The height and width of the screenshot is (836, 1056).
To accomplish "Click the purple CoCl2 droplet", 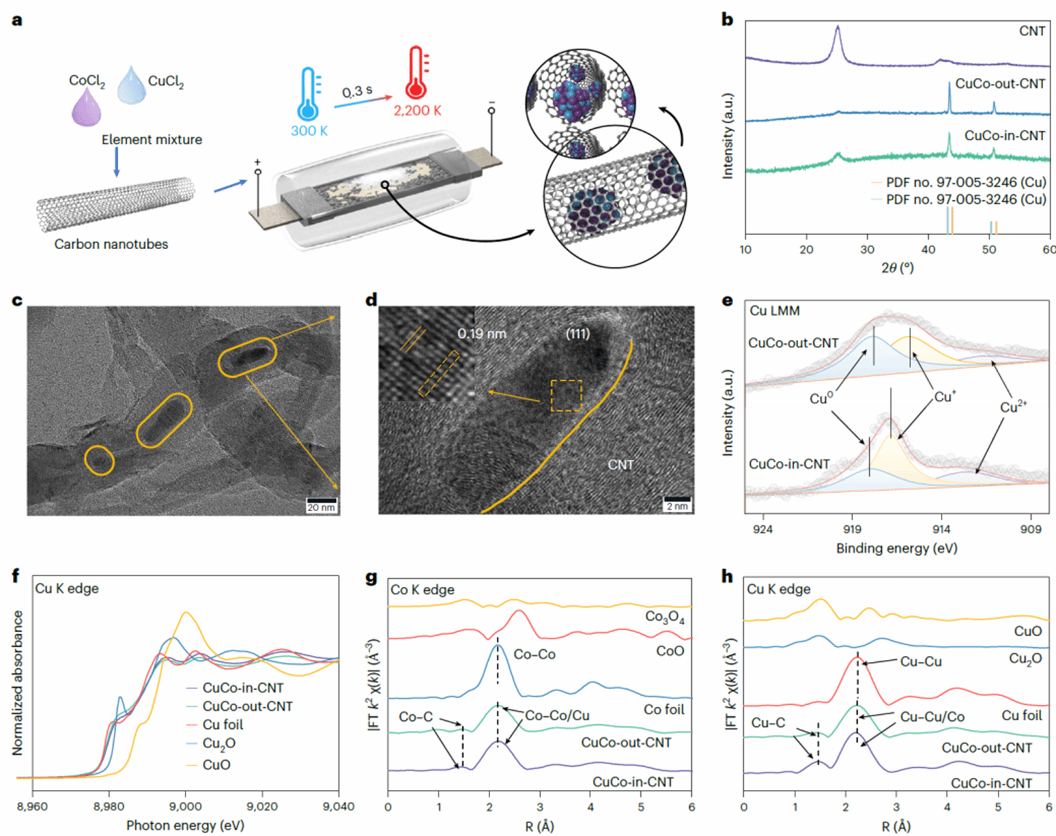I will pyautogui.click(x=86, y=108).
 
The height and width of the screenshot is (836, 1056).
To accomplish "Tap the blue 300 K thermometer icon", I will pyautogui.click(x=309, y=95).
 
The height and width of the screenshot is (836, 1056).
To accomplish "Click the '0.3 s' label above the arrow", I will pyautogui.click(x=357, y=91).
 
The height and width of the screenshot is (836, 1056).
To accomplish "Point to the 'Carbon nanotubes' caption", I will pyautogui.click(x=111, y=244).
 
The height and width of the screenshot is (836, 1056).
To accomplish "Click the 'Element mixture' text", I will pyautogui.click(x=152, y=139).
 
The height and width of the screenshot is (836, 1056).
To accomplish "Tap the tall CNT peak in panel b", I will pyautogui.click(x=838, y=30).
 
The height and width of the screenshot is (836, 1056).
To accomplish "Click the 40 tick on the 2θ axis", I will pyautogui.click(x=929, y=249).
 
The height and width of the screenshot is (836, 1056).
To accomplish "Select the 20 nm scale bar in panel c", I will pyautogui.click(x=322, y=505).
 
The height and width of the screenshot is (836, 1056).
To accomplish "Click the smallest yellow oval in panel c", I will pyautogui.click(x=100, y=460).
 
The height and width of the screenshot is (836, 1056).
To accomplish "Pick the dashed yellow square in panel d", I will pyautogui.click(x=567, y=395).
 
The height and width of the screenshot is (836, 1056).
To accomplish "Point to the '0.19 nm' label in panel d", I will pyautogui.click(x=481, y=334).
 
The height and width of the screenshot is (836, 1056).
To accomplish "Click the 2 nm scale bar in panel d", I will pyautogui.click(x=677, y=504).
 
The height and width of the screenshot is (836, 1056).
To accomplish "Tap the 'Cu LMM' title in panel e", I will pyautogui.click(x=774, y=311).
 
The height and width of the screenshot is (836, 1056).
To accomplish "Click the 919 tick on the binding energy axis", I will pyautogui.click(x=852, y=529).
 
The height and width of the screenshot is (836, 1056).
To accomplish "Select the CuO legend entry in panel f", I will pyautogui.click(x=217, y=765).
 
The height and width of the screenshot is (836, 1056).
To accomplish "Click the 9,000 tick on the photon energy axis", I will pyautogui.click(x=185, y=806).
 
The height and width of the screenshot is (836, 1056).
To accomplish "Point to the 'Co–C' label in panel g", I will pyautogui.click(x=416, y=716).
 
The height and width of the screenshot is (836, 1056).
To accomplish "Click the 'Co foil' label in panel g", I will pyautogui.click(x=663, y=709).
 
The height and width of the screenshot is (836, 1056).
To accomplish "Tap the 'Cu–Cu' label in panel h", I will pyautogui.click(x=921, y=661).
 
